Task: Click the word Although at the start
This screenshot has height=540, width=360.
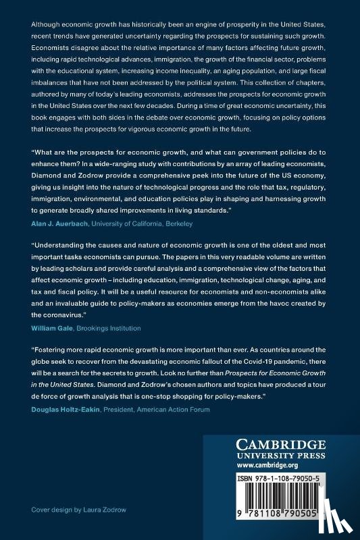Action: pyautogui.click(x=46, y=24)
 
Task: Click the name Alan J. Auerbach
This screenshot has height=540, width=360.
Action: pyautogui.click(x=59, y=203)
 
